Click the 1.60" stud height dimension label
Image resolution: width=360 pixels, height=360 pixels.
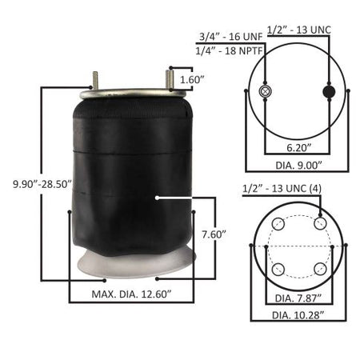(192, 79)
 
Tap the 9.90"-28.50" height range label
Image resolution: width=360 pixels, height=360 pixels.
(42, 184)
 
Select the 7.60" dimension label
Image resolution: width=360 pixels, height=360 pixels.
(214, 234)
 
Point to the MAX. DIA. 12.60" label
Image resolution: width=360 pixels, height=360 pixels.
(131, 294)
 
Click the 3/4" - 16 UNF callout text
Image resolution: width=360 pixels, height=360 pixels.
(231, 37)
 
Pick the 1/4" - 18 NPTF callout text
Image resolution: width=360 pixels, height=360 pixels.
(230, 50)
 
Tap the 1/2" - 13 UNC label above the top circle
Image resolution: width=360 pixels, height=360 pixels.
(299, 30)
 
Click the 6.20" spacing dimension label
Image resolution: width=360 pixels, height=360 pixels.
(299, 147)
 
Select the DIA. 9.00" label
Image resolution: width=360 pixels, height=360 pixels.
(298, 166)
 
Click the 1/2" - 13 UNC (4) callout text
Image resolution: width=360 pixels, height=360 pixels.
(282, 189)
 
